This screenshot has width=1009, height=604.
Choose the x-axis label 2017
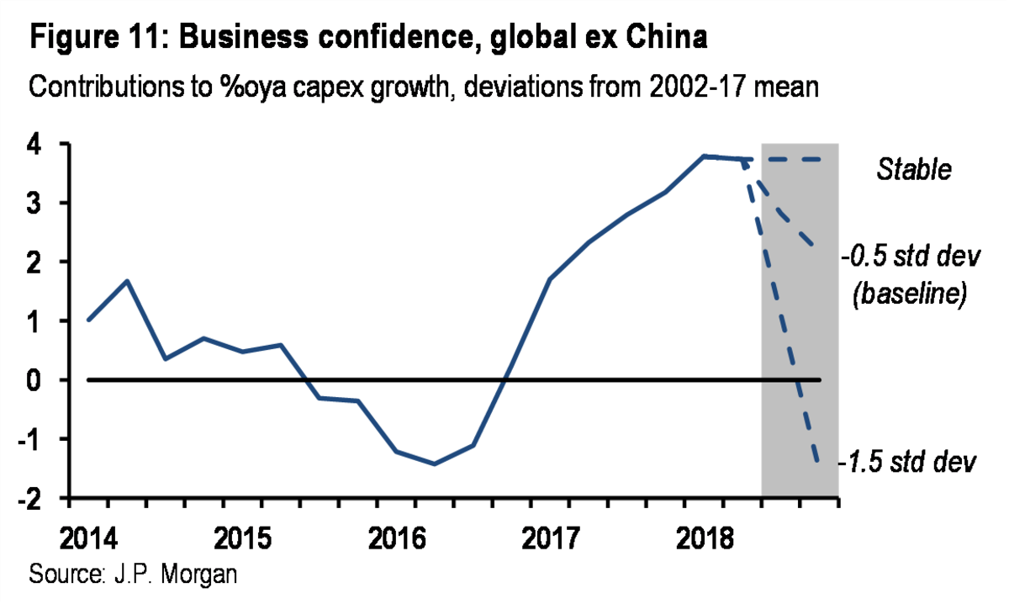point(550,535)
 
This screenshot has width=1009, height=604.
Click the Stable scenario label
point(914,170)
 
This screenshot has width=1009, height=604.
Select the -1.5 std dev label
point(906,462)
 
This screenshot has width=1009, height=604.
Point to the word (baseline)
point(907,295)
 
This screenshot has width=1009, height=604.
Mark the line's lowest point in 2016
point(434,464)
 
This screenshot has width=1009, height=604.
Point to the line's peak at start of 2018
point(705,156)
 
